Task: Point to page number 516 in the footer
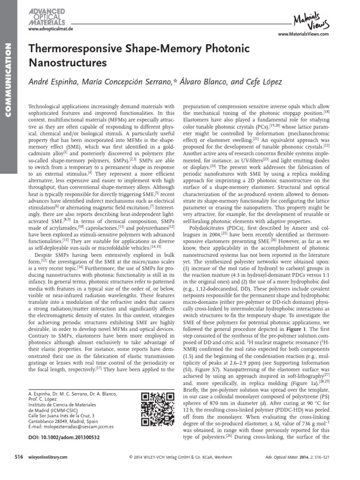pos(18,457)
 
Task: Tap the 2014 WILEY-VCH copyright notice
pos(180,457)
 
